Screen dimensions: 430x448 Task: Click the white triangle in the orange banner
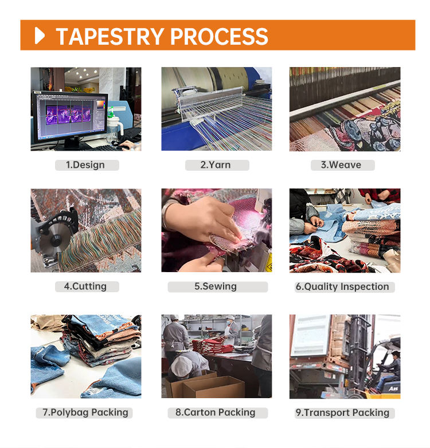click(40, 36)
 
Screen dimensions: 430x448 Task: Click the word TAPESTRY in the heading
click(110, 36)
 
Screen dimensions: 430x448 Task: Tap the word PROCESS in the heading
click(219, 36)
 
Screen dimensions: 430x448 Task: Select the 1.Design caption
click(85, 165)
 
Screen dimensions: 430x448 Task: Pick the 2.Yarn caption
click(215, 165)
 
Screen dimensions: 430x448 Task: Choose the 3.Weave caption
click(341, 165)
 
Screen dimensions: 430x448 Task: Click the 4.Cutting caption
click(85, 286)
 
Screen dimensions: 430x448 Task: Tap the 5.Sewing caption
click(216, 286)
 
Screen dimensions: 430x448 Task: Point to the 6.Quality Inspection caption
click(342, 286)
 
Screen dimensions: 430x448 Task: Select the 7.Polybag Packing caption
click(85, 412)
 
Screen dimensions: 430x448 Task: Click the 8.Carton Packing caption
click(215, 412)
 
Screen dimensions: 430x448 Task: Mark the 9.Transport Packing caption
click(342, 412)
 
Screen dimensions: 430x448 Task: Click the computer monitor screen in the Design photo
click(70, 115)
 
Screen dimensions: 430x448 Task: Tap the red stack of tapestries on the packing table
click(213, 345)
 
